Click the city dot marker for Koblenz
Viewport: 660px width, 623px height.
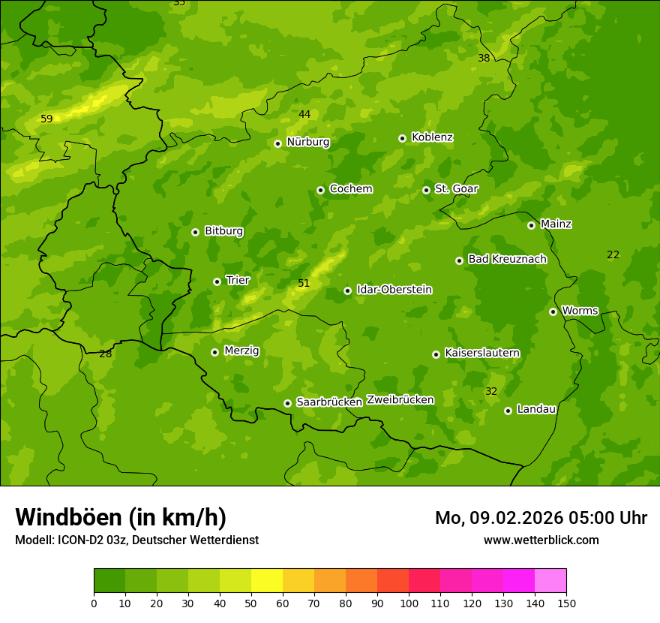click(403, 138)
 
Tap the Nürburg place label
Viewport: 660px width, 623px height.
click(307, 142)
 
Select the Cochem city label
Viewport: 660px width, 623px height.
click(350, 189)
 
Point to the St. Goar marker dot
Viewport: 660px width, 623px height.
click(427, 190)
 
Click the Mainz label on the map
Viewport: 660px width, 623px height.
click(556, 224)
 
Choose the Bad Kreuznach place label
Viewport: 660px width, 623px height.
click(507, 259)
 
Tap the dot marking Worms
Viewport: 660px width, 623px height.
click(553, 311)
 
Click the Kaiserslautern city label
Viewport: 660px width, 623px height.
click(481, 353)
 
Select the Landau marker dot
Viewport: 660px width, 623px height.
click(508, 411)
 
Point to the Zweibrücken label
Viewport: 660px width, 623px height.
click(400, 400)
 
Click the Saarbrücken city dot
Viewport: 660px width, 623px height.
click(287, 403)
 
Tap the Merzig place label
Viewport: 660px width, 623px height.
click(241, 351)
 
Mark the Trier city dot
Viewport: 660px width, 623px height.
click(217, 281)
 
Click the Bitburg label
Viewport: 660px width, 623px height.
click(223, 231)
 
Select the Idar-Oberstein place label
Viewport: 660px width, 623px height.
click(394, 290)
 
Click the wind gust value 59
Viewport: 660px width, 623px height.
click(46, 119)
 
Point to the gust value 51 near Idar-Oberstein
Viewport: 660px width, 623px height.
click(304, 283)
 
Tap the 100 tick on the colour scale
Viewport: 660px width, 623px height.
click(409, 603)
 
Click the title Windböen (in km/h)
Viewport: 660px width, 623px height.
click(121, 518)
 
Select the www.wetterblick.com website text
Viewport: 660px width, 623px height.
click(541, 540)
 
